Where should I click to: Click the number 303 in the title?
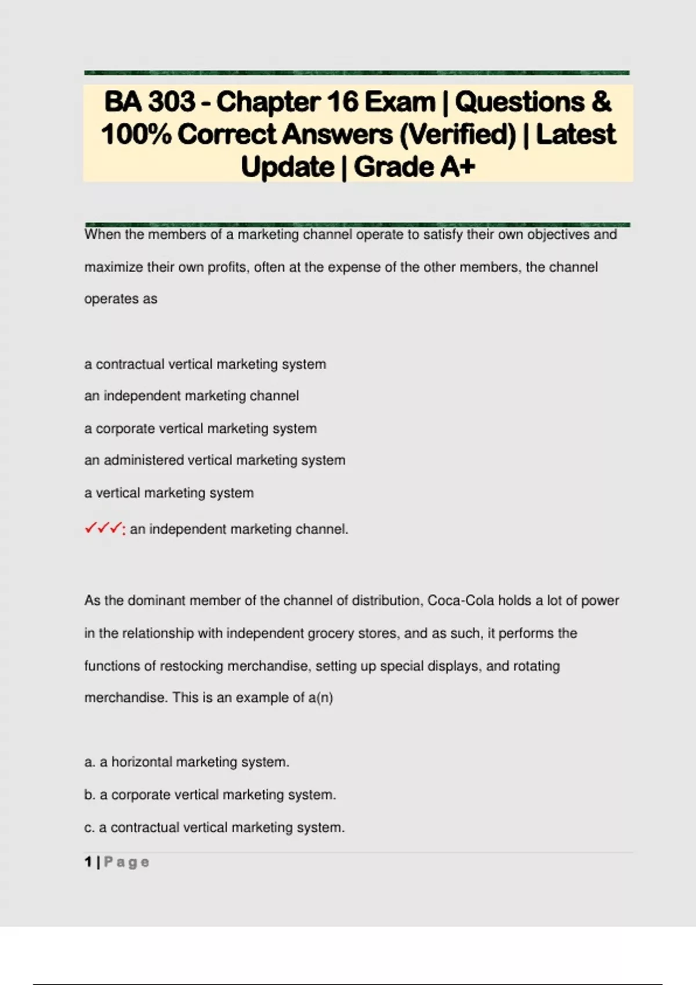tap(172, 102)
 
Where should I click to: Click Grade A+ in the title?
tap(415, 167)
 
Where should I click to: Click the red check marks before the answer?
tap(103, 528)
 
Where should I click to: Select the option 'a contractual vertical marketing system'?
tap(205, 364)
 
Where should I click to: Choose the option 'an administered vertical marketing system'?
tap(215, 460)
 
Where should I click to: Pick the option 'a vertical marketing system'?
tap(169, 493)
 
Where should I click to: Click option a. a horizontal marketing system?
tap(187, 762)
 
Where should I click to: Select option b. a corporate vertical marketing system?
tap(210, 794)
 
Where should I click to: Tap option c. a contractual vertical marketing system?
tap(215, 827)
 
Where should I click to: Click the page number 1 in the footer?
tap(88, 862)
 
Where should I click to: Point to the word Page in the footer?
tap(127, 862)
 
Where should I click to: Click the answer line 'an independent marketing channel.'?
tap(239, 529)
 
